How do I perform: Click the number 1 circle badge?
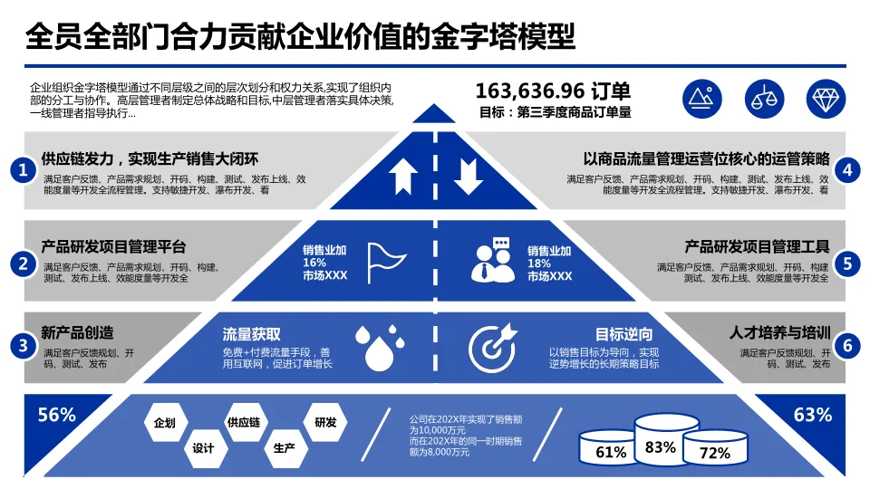pos(23,170)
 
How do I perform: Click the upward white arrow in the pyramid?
pos(403,176)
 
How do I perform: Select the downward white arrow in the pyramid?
pos(468,176)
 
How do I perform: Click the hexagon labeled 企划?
pos(165,423)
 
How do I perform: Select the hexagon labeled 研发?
pos(325,423)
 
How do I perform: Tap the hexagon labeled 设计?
pos(203,448)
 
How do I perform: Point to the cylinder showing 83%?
pos(660,442)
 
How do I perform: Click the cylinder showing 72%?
pos(715,451)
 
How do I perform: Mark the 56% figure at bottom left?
pos(56,415)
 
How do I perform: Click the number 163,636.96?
pos(530,91)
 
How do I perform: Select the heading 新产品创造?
pos(77,331)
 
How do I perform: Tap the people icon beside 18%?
pos(492,260)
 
